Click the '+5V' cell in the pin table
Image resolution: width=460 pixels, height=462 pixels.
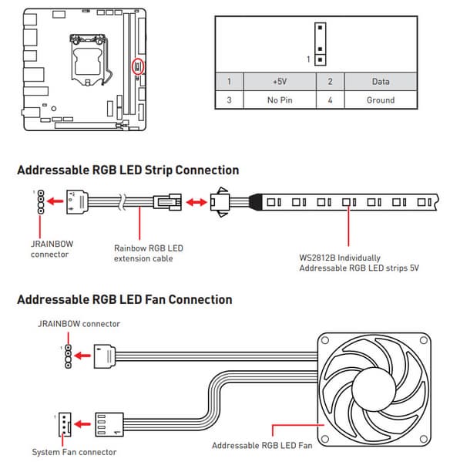pyautogui.click(x=280, y=81)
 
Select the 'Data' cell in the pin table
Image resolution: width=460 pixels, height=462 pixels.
pyautogui.click(x=381, y=81)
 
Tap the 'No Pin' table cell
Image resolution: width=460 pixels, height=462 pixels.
pyautogui.click(x=280, y=100)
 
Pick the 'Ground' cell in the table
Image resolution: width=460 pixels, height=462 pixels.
pyautogui.click(x=381, y=100)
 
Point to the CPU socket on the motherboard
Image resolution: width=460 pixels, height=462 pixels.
pyautogui.click(x=87, y=60)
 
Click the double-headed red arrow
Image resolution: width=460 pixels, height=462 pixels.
pyautogui.click(x=196, y=202)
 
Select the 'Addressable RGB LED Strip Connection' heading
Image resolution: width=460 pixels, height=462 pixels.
pyautogui.click(x=128, y=170)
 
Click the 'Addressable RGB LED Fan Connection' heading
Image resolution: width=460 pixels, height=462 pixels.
pyautogui.click(x=125, y=299)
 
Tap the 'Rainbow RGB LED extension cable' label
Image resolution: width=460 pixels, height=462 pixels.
pyautogui.click(x=149, y=253)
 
